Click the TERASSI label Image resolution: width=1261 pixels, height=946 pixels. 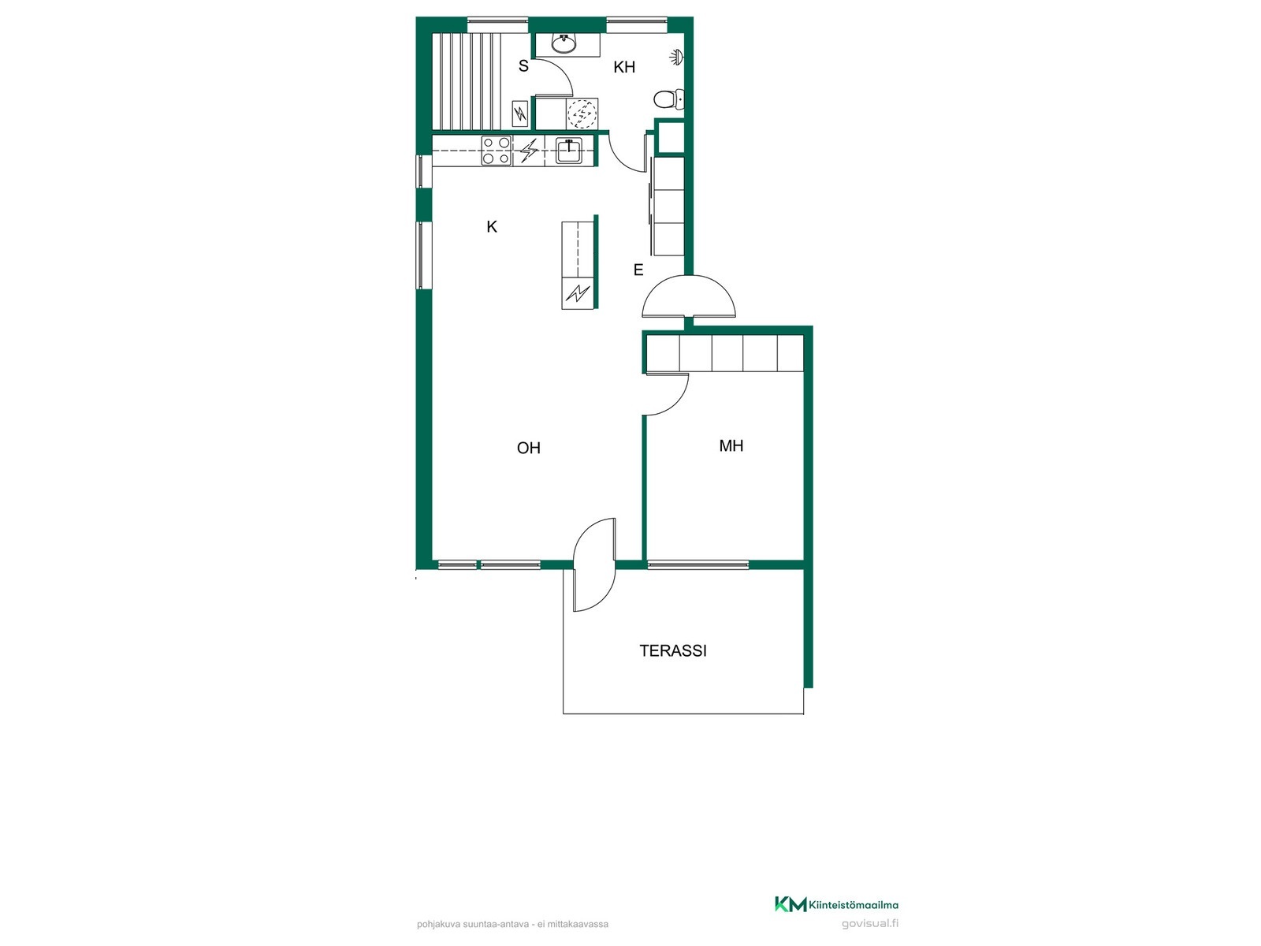(x=673, y=650)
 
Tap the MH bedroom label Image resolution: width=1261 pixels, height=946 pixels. (x=731, y=445)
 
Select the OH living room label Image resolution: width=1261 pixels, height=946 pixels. (x=529, y=448)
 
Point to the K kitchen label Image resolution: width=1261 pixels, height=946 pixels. (x=492, y=226)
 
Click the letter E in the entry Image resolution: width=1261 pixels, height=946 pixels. (x=638, y=270)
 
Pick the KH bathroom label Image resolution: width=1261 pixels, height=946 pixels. (x=624, y=67)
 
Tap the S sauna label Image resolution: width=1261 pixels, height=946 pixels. (x=523, y=66)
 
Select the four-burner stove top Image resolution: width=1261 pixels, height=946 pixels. (x=497, y=151)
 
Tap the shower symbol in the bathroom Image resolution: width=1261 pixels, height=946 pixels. (x=677, y=56)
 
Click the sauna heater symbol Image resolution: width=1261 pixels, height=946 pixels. (x=520, y=114)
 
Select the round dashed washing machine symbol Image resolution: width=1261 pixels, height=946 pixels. (x=582, y=114)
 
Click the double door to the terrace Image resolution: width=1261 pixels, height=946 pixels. (x=594, y=564)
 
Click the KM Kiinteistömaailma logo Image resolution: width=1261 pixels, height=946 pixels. (x=836, y=905)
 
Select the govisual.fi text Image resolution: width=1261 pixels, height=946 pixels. (x=870, y=924)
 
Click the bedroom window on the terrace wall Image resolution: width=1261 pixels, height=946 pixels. (x=698, y=565)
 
